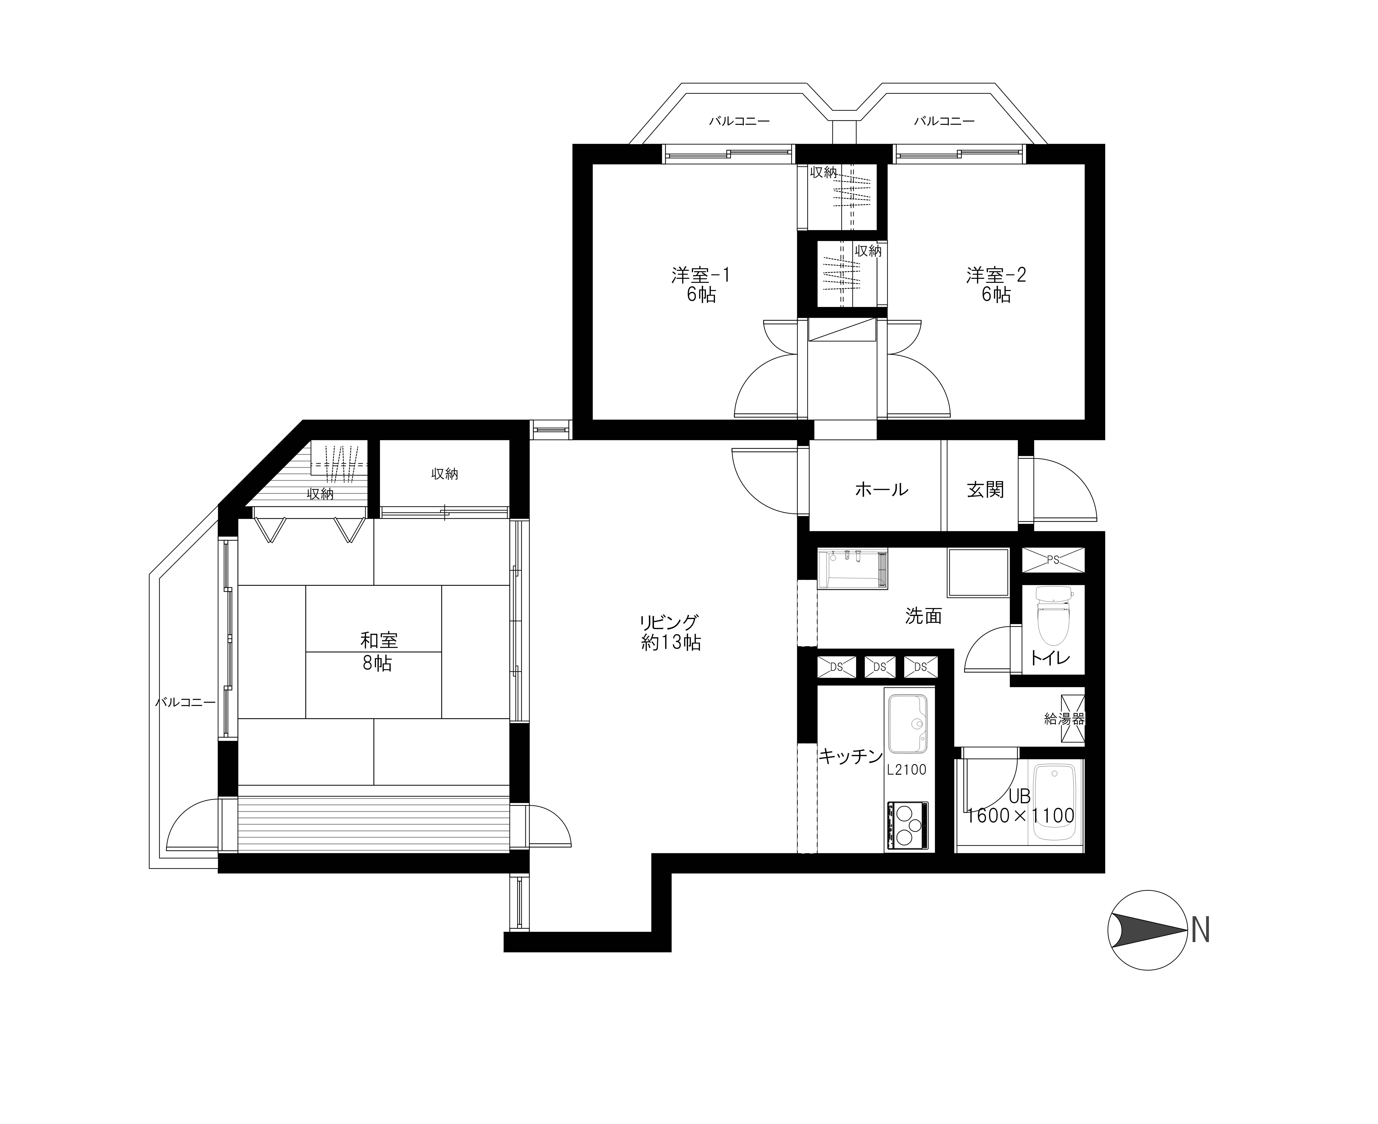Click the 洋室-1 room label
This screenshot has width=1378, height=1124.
(x=701, y=275)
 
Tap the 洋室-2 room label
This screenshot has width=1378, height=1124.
(x=996, y=275)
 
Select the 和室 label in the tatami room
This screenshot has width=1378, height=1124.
(x=379, y=640)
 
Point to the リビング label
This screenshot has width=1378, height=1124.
(x=669, y=622)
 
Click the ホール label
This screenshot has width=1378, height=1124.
(x=881, y=490)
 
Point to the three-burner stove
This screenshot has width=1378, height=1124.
(x=907, y=826)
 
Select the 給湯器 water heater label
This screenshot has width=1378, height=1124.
(x=1064, y=718)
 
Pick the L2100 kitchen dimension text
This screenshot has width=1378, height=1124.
(x=907, y=770)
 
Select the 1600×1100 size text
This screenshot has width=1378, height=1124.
(x=1020, y=816)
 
